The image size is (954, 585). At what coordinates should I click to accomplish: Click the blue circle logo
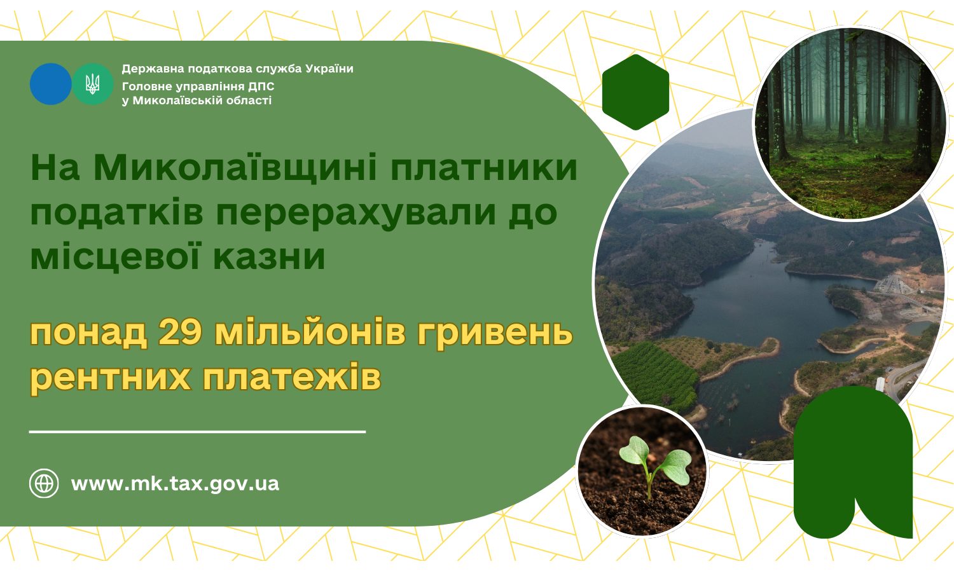click(x=50, y=84)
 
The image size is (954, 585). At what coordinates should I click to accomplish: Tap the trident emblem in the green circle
click(x=92, y=84)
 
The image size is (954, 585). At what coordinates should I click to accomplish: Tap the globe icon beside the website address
click(x=44, y=483)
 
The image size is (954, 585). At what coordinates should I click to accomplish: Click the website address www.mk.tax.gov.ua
click(x=175, y=483)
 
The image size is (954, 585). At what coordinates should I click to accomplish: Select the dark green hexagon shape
click(x=635, y=92)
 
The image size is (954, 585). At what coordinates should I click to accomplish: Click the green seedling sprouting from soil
click(x=652, y=464)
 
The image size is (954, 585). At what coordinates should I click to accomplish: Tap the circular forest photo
click(x=849, y=124)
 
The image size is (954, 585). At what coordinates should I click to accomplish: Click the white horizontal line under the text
click(x=197, y=432)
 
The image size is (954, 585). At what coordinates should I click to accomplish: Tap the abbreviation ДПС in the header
click(x=261, y=86)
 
